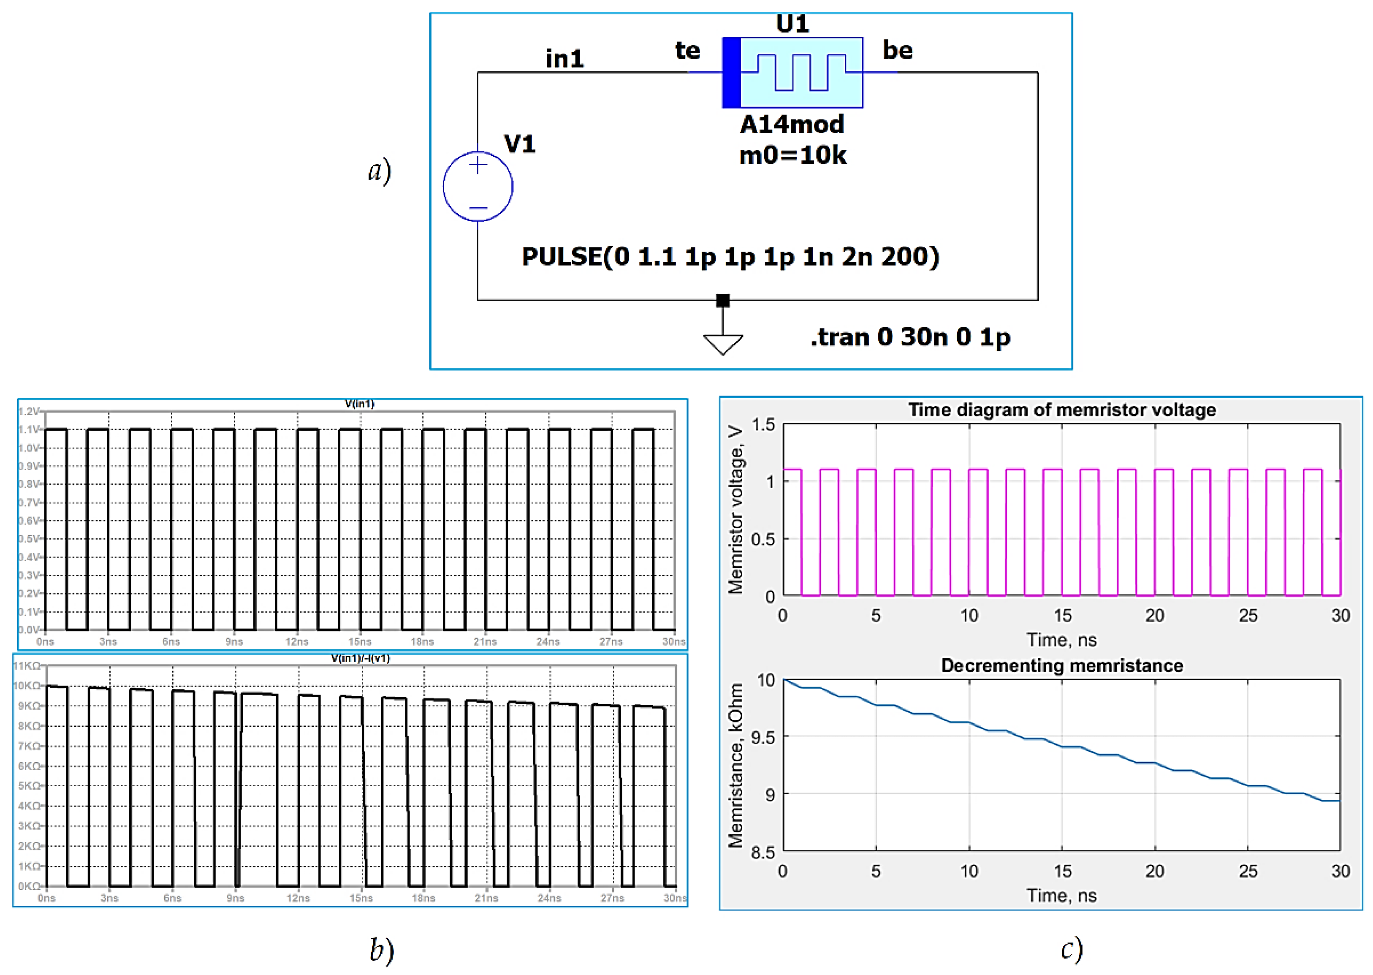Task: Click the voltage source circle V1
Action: (x=478, y=186)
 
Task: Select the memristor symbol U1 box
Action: (x=792, y=72)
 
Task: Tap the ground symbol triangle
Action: (x=723, y=344)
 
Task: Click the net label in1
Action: (x=564, y=59)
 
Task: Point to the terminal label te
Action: (x=687, y=50)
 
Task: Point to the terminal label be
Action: (x=898, y=50)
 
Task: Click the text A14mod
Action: (x=792, y=124)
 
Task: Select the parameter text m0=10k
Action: (x=792, y=155)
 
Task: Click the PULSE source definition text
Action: (x=730, y=257)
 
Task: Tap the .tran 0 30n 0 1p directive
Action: (x=910, y=337)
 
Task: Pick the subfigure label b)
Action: (x=382, y=950)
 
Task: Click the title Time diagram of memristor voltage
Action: (x=1061, y=410)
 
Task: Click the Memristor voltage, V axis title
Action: (x=736, y=511)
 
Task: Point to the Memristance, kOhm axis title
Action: (x=736, y=766)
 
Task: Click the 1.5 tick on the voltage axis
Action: (x=764, y=425)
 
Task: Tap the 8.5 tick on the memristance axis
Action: (x=764, y=852)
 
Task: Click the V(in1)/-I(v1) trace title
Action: (x=360, y=659)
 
